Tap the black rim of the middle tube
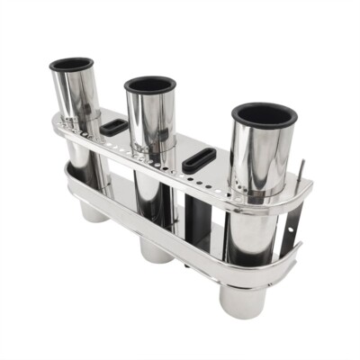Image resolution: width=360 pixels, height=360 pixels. [130, 87]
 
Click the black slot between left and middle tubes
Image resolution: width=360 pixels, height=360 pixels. [115, 127]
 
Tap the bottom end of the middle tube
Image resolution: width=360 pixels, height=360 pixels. [157, 251]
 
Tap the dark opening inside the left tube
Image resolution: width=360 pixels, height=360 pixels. [72, 64]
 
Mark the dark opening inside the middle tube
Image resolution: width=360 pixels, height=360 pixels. [149, 85]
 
